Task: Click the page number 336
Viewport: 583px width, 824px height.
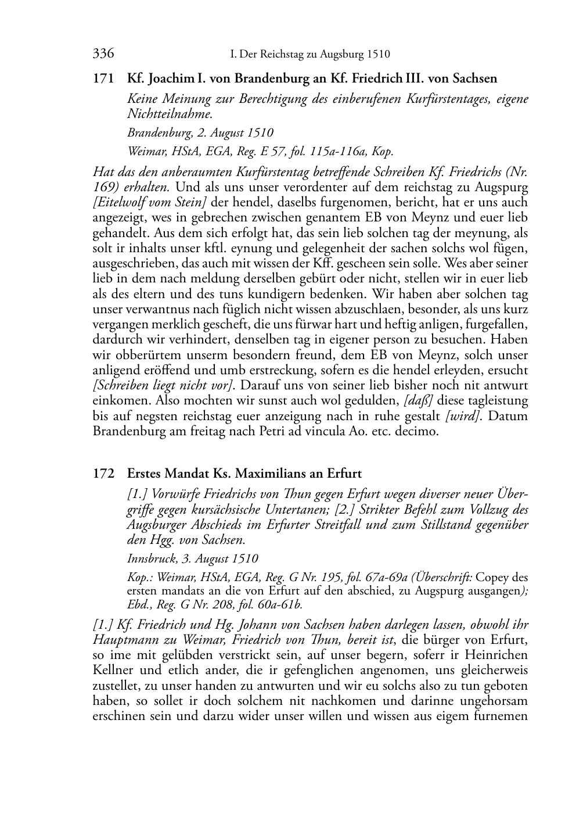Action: tap(103, 55)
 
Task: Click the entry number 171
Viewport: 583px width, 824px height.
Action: tap(103, 78)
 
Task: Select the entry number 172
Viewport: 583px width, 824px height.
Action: tap(103, 474)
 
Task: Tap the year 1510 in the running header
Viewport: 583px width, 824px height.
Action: tap(378, 55)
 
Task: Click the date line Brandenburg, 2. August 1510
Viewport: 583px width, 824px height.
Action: tap(200, 132)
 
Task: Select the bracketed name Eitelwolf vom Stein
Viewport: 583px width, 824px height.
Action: tap(149, 203)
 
